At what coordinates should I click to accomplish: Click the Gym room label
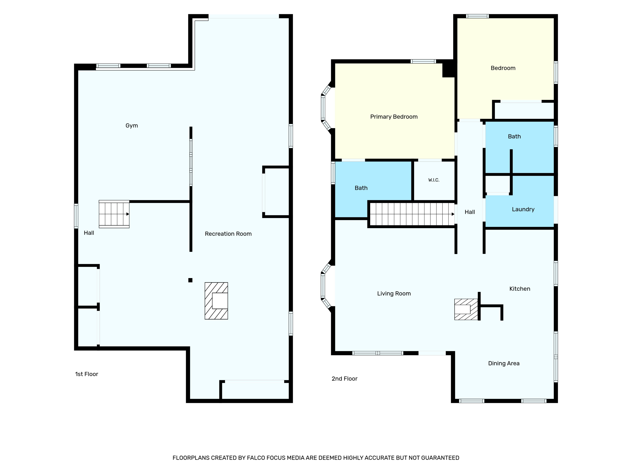pyautogui.click(x=132, y=126)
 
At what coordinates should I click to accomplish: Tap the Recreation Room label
pyautogui.click(x=228, y=234)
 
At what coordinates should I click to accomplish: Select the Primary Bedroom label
pyautogui.click(x=394, y=116)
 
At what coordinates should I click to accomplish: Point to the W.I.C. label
pyautogui.click(x=434, y=180)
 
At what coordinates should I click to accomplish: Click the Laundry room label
pyautogui.click(x=523, y=209)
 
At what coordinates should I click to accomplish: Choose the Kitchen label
pyautogui.click(x=520, y=289)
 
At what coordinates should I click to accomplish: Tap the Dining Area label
pyautogui.click(x=504, y=363)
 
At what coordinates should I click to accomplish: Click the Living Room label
pyautogui.click(x=394, y=293)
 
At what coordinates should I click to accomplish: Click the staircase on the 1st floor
pyautogui.click(x=114, y=214)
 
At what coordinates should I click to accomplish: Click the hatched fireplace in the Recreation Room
pyautogui.click(x=216, y=301)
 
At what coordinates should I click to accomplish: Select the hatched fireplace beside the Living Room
pyautogui.click(x=466, y=309)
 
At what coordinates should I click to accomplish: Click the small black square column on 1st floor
pyautogui.click(x=190, y=280)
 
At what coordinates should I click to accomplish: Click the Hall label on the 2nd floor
pyautogui.click(x=470, y=212)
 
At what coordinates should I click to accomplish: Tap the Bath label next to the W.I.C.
pyautogui.click(x=361, y=188)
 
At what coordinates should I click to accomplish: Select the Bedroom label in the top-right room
pyautogui.click(x=503, y=68)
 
